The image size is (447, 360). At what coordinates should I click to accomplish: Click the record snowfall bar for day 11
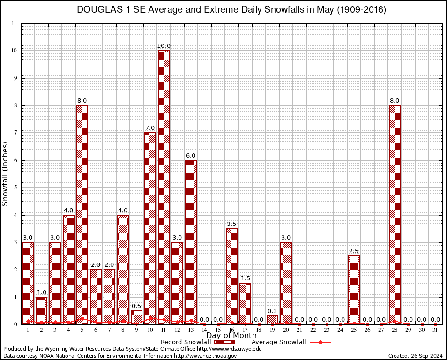[164, 187]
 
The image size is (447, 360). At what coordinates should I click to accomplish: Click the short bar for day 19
[272, 320]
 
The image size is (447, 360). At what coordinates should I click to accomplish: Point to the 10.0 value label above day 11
[164, 46]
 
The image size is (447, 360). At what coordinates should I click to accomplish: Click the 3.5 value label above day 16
[231, 224]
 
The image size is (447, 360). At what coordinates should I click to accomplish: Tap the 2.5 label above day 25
[354, 251]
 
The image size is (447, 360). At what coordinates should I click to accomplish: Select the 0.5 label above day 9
[136, 306]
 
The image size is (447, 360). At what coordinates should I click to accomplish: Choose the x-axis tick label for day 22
[313, 330]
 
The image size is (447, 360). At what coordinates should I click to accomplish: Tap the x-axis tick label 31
[435, 330]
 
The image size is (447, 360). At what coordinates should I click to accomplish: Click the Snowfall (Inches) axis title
[6, 173]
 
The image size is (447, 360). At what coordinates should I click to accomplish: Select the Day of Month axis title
[231, 335]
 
